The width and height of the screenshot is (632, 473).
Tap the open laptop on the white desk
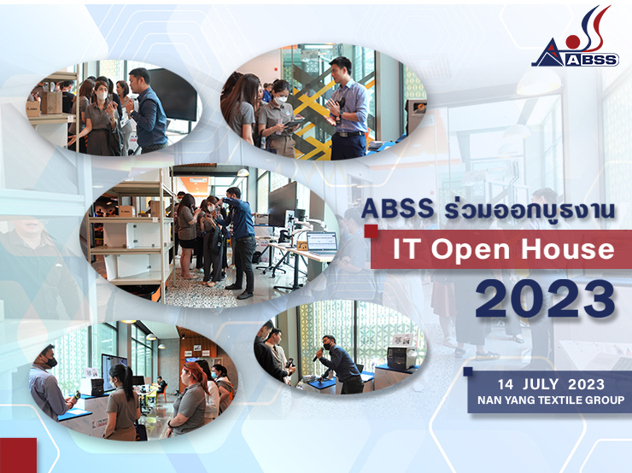(x=321, y=243)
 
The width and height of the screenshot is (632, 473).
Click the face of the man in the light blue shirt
(x=340, y=68)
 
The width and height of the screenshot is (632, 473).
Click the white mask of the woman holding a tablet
(x=280, y=99)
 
